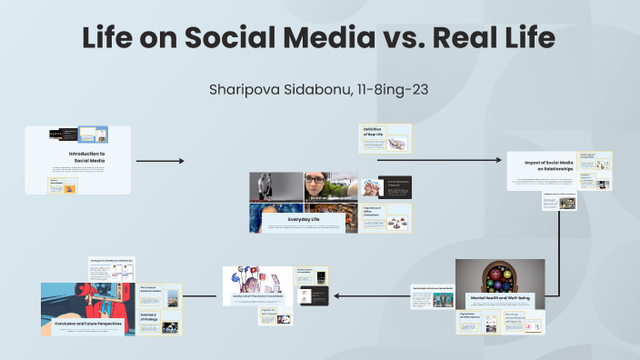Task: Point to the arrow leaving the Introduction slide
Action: click(x=160, y=161)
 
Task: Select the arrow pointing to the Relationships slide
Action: click(x=440, y=161)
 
